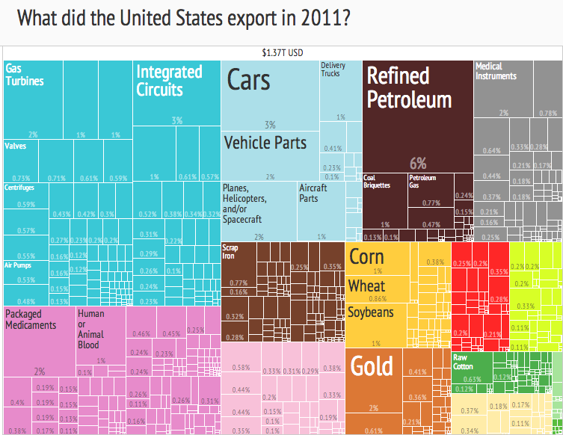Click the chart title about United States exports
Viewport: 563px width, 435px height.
point(184,19)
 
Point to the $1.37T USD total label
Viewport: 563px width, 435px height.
point(282,53)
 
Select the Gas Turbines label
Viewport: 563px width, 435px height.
point(25,75)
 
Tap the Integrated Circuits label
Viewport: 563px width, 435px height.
point(169,81)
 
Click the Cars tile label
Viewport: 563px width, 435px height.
point(248,81)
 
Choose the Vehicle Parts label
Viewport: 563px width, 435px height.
point(265,142)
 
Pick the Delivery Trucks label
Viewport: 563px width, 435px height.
point(333,70)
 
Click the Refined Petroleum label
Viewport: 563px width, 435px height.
point(409,87)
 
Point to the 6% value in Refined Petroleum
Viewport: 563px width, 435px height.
point(417,163)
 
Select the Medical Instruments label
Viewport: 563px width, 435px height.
point(496,71)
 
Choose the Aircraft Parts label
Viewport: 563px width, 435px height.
point(313,193)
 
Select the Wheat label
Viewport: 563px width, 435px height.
point(366,286)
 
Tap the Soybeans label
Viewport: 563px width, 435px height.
point(370,312)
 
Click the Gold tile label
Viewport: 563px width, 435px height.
point(372,366)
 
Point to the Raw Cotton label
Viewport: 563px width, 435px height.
point(464,362)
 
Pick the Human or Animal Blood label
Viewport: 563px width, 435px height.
point(91,330)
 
